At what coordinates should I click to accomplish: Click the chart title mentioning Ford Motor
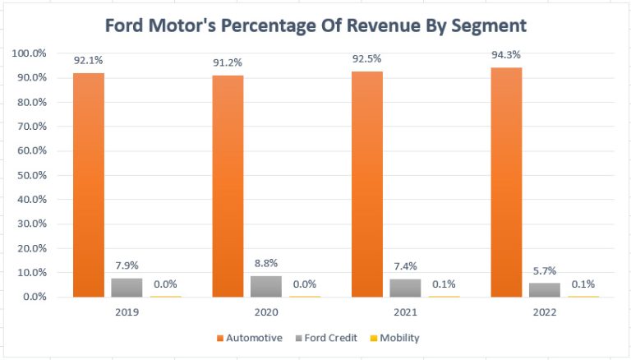316,25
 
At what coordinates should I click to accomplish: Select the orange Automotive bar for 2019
88,185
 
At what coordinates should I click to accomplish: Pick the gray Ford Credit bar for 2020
265,286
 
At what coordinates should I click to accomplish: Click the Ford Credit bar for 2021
404,288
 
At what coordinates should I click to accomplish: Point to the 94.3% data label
507,55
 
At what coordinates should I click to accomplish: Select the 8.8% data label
265,264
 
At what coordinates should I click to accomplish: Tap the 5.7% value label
544,271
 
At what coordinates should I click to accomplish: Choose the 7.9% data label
126,265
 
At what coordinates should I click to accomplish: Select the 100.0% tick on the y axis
30,53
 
